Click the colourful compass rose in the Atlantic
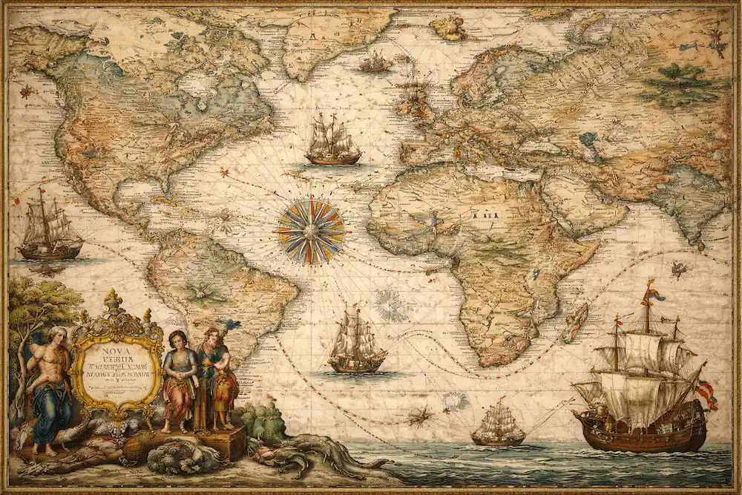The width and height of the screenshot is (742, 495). coord(311,232)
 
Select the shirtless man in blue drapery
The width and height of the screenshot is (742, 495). coord(51,386)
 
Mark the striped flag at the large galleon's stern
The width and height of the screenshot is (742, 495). coord(706,393)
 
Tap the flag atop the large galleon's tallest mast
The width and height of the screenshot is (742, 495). coord(652,292)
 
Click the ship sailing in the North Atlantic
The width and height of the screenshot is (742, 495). coord(332,141)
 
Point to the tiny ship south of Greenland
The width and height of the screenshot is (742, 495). coord(375,62)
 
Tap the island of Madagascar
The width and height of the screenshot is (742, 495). coord(575,321)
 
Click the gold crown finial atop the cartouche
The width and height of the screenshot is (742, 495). coord(113,301)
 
